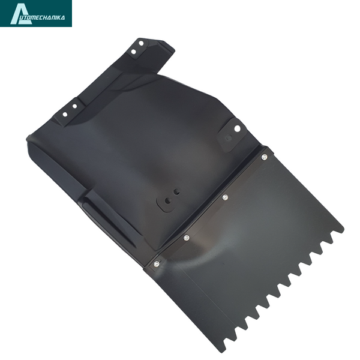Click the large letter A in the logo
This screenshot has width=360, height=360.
(20, 14)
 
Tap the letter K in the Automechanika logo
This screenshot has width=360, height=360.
(59, 17)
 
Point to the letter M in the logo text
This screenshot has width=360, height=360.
(37, 17)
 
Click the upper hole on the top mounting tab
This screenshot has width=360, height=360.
(141, 43)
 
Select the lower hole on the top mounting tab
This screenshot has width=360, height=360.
(134, 52)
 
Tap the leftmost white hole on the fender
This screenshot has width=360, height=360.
(65, 115)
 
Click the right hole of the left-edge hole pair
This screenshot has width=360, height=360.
(74, 106)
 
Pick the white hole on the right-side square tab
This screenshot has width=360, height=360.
(237, 128)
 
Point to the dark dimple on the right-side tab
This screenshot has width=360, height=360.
(229, 138)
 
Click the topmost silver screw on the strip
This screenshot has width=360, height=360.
(265, 157)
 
